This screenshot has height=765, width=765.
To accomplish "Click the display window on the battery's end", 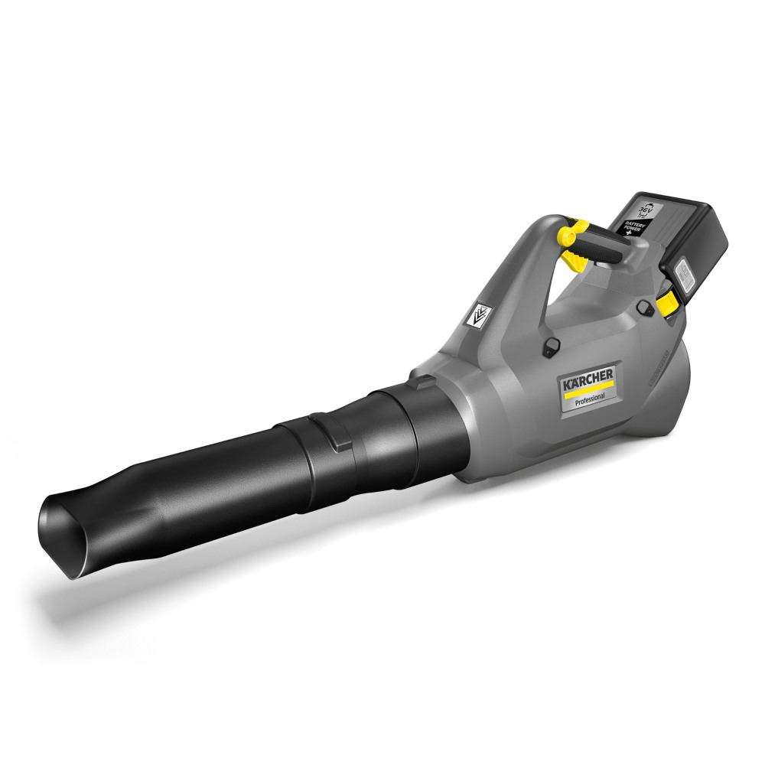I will (x=683, y=274).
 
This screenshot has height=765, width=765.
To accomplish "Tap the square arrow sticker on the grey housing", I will (x=480, y=313).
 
